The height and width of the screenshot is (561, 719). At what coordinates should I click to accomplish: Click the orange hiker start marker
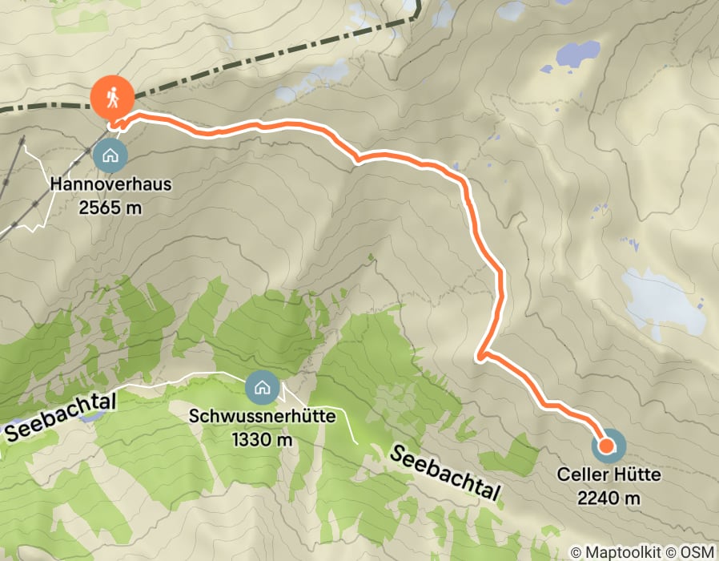coord(111,97)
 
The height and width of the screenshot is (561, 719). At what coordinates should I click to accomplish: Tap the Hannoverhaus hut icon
coord(110,155)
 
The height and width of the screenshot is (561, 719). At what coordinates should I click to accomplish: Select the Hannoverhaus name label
coord(110,184)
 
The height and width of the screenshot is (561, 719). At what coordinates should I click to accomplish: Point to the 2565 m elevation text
coord(110,206)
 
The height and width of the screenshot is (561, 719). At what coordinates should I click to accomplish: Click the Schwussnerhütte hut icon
coord(261,389)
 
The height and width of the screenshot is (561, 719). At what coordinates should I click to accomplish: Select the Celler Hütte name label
coord(609,475)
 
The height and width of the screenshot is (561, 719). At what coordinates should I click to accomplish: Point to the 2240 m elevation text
coord(609,498)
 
